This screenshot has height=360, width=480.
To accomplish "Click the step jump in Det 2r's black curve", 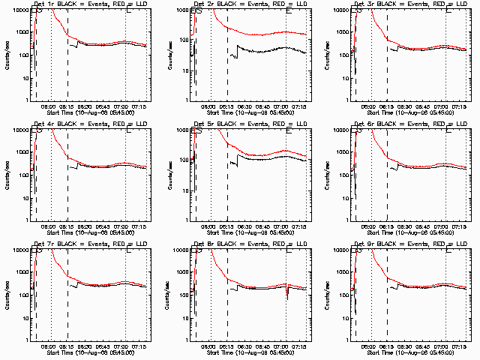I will pos(237,48).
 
